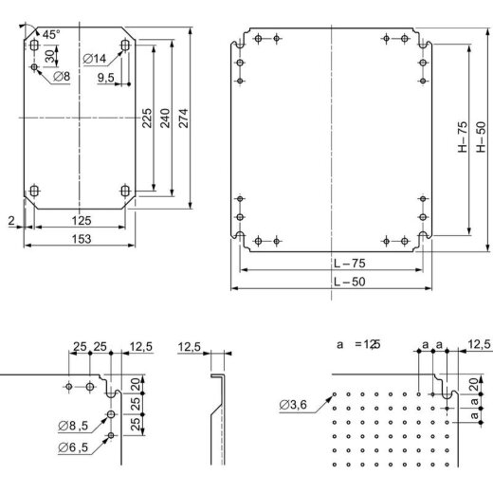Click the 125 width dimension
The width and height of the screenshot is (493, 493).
pyautogui.click(x=81, y=221)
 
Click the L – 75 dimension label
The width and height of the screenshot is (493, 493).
pyautogui.click(x=331, y=263)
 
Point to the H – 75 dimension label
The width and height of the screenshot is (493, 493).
pyautogui.click(x=460, y=137)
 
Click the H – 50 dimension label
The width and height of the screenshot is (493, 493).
pyautogui.click(x=481, y=137)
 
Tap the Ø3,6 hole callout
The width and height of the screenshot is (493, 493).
pyautogui.click(x=293, y=407)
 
